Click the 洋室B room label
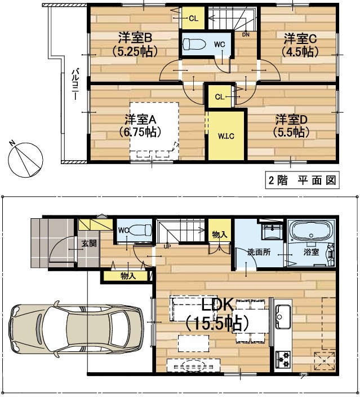click(135, 38)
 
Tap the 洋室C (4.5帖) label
click(300, 45)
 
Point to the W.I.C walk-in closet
click(226, 136)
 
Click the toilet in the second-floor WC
click(194, 45)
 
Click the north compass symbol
click(25, 160)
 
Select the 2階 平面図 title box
click(302, 180)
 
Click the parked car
click(75, 328)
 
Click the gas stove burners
click(283, 360)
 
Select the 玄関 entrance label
click(89, 244)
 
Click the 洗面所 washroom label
click(259, 252)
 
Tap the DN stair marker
click(246, 35)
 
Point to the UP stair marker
click(167, 246)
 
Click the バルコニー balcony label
click(75, 84)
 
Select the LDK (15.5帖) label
click(217, 314)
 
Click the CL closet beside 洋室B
click(194, 18)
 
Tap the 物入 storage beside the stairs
click(220, 234)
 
